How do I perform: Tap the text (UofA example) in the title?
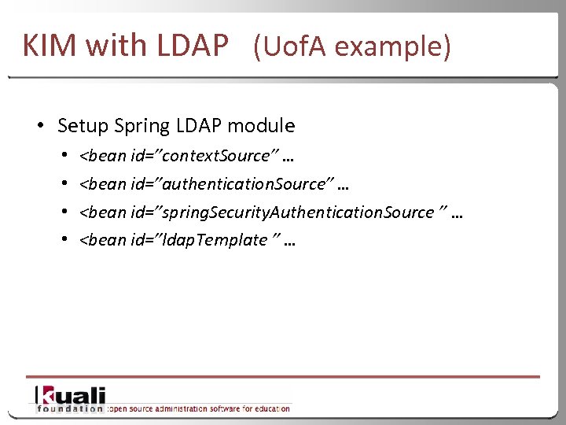point(352,47)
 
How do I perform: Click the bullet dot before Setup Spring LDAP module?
point(39,126)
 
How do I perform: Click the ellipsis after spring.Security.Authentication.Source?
point(456,214)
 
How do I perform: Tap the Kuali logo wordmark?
point(71,395)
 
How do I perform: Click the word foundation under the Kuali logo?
point(68,408)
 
